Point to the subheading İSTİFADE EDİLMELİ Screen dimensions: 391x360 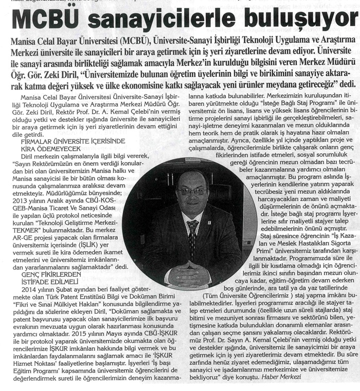pyautogui.click(x=50, y=282)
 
